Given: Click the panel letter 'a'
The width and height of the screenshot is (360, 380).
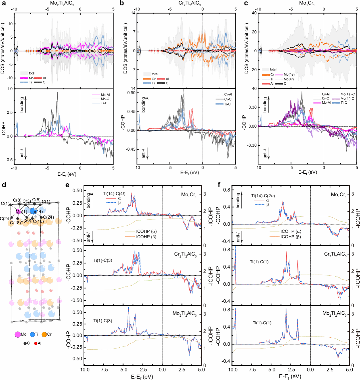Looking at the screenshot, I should (x=4, y=3).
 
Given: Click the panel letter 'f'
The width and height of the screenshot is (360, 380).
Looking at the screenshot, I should (x=219, y=185).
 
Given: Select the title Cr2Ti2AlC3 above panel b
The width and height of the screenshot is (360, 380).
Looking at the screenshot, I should (x=189, y=3).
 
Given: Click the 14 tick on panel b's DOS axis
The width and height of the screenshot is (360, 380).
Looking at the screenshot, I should (x=133, y=13).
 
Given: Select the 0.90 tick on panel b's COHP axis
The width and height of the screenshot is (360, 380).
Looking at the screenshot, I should (x=131, y=93).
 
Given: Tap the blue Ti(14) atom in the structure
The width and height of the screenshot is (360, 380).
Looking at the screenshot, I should (x=33, y=211).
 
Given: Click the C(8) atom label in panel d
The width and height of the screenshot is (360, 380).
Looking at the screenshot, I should (x=17, y=200).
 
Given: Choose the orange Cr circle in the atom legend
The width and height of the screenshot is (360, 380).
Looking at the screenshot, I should (x=44, y=335).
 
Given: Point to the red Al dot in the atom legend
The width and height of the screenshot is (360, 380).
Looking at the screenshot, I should (x=36, y=343).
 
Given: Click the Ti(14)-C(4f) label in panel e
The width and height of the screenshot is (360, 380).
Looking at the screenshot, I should (x=114, y=194).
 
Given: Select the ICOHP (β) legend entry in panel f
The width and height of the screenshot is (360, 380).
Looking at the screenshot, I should (x=290, y=236).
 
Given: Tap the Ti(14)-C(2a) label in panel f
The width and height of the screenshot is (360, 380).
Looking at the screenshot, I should (x=263, y=196).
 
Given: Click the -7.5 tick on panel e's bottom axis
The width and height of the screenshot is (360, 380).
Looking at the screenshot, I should (x=103, y=370).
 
